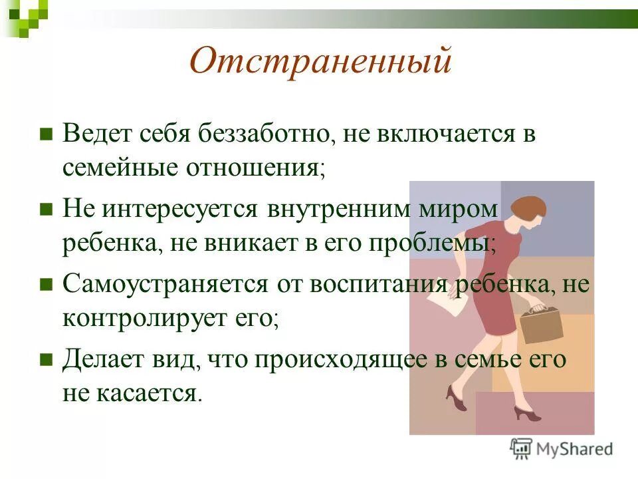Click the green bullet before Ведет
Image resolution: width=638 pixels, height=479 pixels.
pos(46,133)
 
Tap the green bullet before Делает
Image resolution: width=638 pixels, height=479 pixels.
pos(46,360)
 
